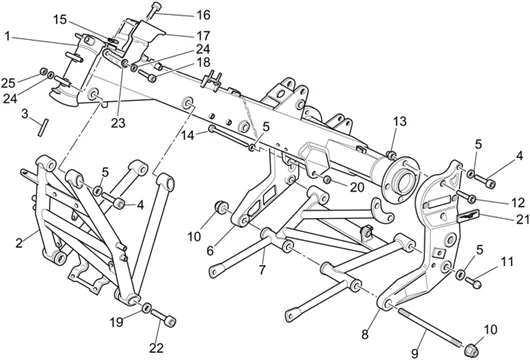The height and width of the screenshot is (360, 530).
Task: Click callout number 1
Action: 7,36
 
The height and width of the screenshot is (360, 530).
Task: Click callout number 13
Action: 399,121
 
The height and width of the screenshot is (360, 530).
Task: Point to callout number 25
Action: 7,81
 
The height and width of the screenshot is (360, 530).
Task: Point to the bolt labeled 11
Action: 481,275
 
